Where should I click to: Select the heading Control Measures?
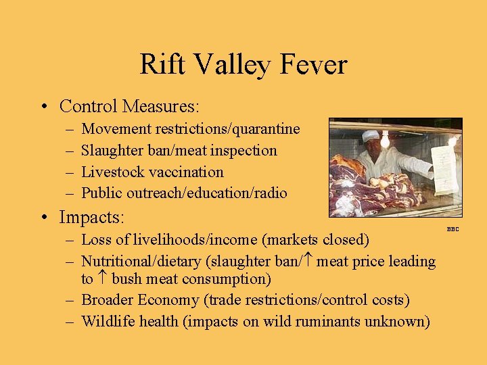[129, 107]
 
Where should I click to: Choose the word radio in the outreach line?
[270, 193]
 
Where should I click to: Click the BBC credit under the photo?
[453, 229]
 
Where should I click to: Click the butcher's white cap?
[370, 136]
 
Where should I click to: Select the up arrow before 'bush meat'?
[103, 278]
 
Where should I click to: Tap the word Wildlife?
[106, 322]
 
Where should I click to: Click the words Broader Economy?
[136, 300]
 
